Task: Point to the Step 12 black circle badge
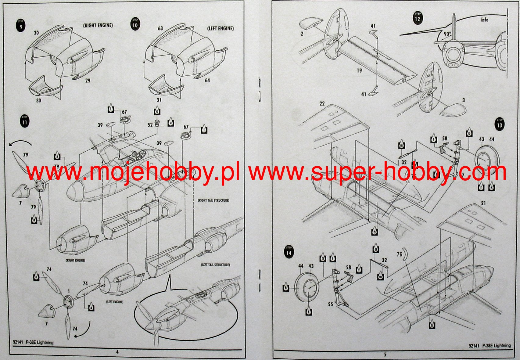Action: [x=418, y=18]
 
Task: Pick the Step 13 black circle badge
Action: [x=499, y=124]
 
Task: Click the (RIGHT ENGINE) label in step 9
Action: [x=98, y=26]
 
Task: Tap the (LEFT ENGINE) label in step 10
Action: [x=221, y=28]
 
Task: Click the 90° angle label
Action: [x=447, y=34]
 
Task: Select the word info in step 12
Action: [x=485, y=20]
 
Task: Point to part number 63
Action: [x=160, y=28]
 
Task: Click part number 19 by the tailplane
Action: [x=359, y=70]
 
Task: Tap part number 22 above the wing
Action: [x=322, y=104]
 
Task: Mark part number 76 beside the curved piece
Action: [x=399, y=254]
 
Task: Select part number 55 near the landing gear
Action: [x=330, y=304]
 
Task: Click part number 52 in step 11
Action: [x=150, y=125]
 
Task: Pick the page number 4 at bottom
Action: [x=117, y=352]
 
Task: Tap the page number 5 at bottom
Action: [x=385, y=354]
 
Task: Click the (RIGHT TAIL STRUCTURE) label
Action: [x=213, y=200]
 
